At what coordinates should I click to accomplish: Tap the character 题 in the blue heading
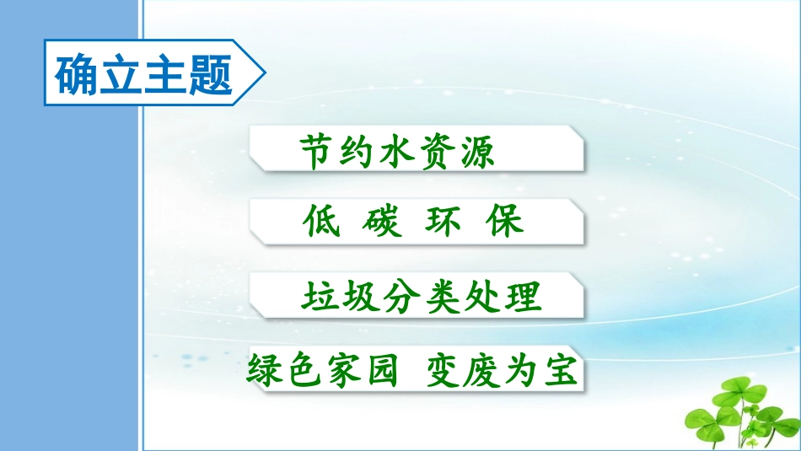211,75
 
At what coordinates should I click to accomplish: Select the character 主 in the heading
166,75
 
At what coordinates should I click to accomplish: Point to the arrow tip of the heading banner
265,72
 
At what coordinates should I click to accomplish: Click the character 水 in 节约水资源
397,152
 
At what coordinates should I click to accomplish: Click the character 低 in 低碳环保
321,221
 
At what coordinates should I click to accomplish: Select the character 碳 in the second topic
382,221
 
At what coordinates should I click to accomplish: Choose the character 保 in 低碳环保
504,221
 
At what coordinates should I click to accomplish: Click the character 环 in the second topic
444,221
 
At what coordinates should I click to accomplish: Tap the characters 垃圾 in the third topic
340,296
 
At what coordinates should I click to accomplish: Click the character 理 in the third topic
523,296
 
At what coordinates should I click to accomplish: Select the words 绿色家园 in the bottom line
323,370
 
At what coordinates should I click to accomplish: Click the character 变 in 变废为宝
445,370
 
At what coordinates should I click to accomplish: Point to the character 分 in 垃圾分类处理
401,296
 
